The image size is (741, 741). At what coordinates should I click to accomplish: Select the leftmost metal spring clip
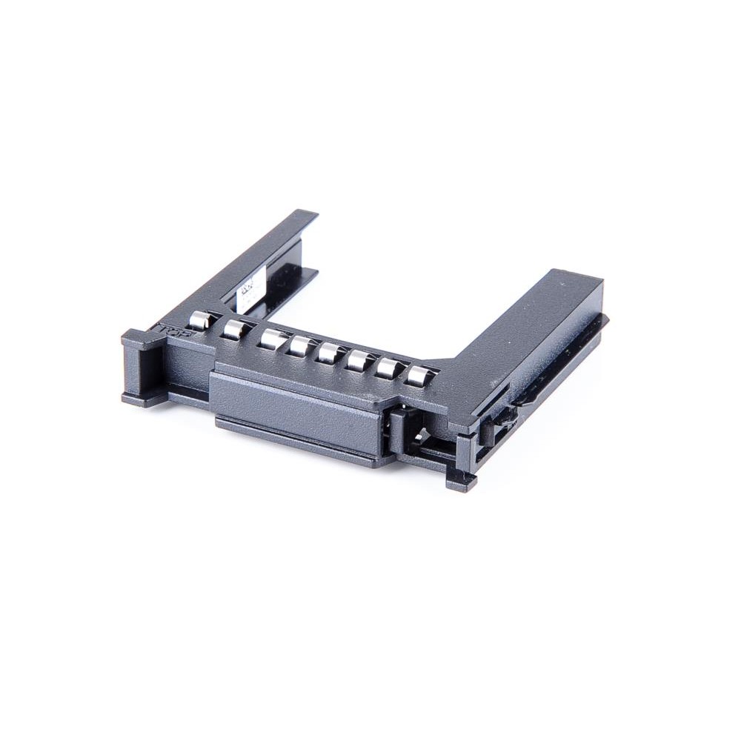[199, 319]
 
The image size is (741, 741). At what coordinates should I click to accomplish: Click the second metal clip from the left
[234, 329]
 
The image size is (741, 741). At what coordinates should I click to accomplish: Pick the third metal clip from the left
[272, 339]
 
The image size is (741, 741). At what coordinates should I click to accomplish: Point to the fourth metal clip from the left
[300, 345]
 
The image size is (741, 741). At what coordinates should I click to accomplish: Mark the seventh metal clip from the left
[389, 367]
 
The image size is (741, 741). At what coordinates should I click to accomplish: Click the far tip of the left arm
[304, 216]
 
